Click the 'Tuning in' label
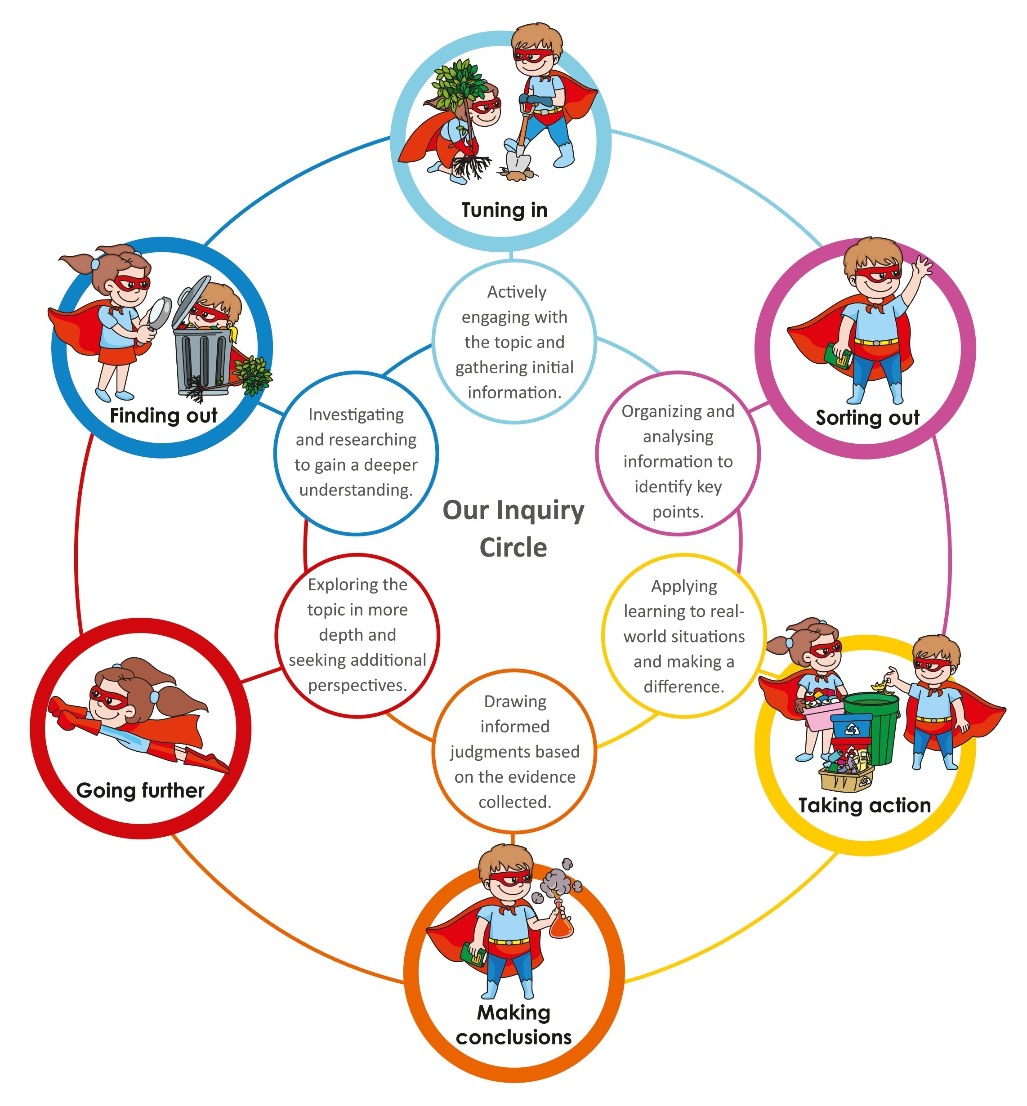click(504, 210)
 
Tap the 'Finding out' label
click(163, 415)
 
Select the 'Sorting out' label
click(867, 417)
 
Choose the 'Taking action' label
click(864, 805)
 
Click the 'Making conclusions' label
click(513, 1024)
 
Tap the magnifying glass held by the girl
click(160, 312)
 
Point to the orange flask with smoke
click(561, 924)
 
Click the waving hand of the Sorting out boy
click(923, 266)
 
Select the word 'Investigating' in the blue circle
click(356, 415)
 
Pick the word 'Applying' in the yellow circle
click(683, 586)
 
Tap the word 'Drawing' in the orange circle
click(515, 701)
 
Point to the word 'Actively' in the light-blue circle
click(516, 292)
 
